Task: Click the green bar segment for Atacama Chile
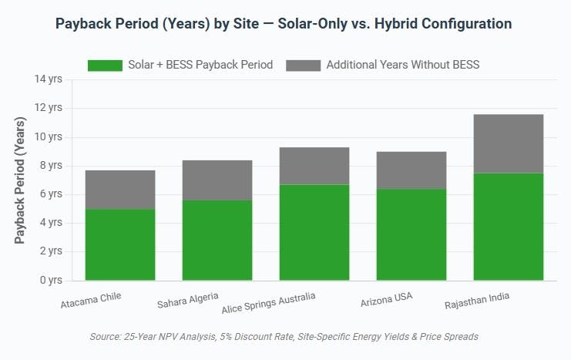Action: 120,244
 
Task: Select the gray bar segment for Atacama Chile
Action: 120,190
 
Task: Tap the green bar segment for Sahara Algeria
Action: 217,240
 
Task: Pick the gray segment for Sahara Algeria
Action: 217,180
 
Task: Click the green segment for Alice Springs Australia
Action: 314,232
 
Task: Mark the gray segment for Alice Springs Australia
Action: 314,166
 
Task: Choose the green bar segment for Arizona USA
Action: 411,234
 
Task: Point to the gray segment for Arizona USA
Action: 411,170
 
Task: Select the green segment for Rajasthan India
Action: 509,227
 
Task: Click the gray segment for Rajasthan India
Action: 509,143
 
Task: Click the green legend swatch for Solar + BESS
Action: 106,65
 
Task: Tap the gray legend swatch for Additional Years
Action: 303,65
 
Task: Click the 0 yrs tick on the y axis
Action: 52,280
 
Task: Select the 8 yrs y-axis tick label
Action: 52,166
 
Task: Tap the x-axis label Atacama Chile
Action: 91,300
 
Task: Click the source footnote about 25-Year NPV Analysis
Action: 284,336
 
